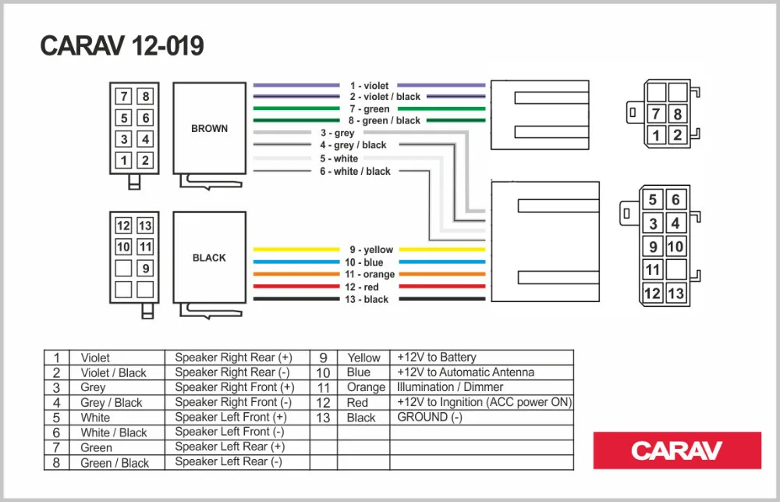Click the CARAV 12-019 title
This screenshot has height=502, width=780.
122,46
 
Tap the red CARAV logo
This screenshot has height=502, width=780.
677,450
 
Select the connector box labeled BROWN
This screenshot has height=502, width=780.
209,128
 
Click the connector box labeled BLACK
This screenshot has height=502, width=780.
209,258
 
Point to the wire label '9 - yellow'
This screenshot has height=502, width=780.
371,250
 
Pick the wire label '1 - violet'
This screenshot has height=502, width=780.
369,86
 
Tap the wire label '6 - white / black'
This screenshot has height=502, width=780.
355,171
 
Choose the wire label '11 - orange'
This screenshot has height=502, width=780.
370,274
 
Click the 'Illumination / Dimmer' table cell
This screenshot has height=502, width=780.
450,387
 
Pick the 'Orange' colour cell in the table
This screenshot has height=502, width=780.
366,387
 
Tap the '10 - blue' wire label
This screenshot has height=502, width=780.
363,262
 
